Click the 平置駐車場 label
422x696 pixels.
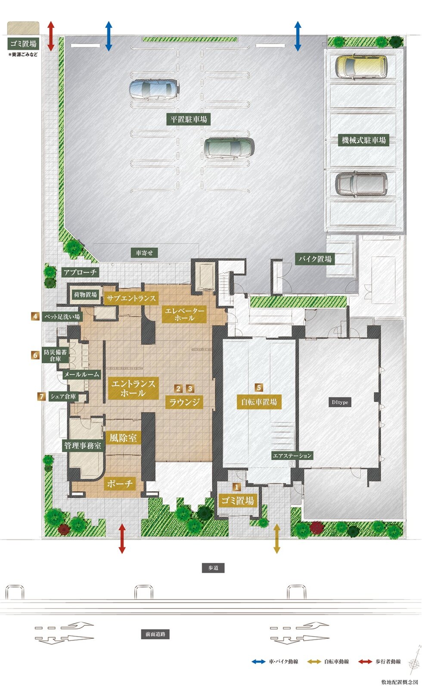[x=189, y=119]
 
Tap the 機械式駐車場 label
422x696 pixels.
[x=363, y=140]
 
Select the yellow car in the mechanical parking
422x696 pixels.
[x=361, y=66]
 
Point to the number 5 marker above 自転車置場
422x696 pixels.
[x=259, y=387]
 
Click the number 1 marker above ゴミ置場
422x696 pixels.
[x=236, y=487]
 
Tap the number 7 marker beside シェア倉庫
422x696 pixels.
[x=41, y=396]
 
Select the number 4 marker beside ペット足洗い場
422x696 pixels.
[x=35, y=316]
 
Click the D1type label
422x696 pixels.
[x=340, y=403]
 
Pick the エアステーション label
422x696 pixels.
[x=292, y=456]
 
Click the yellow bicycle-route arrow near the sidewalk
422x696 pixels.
[x=277, y=539]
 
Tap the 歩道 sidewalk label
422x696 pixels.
[x=213, y=568]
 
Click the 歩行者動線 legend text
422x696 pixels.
[x=388, y=662]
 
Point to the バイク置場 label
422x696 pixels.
[x=315, y=259]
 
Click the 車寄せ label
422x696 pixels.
[x=144, y=253]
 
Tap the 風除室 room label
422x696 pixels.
[x=123, y=438]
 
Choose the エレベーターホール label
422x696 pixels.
[x=184, y=314]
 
